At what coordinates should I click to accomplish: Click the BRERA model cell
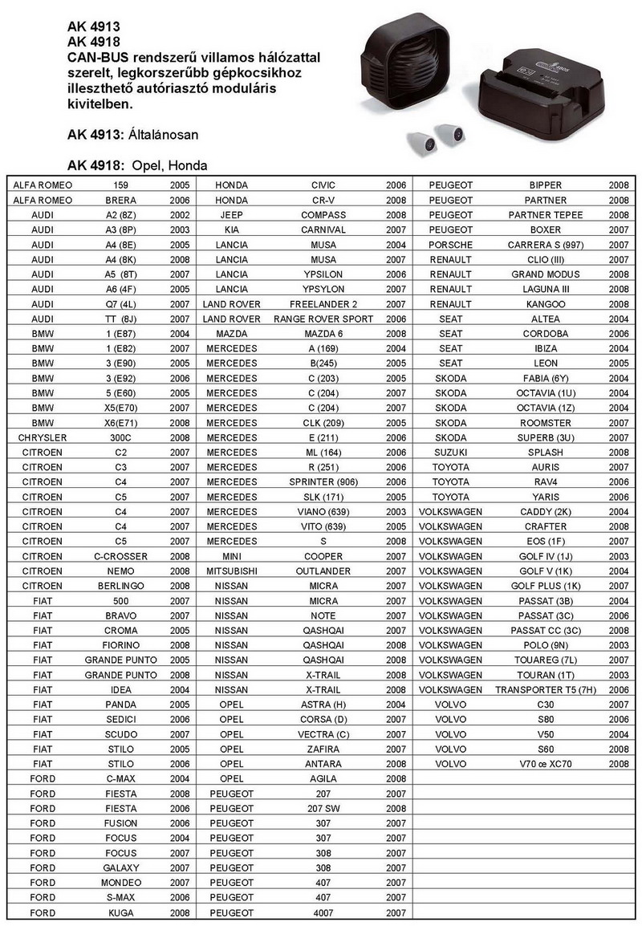tap(123, 200)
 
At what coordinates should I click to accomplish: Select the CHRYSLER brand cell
tap(43, 437)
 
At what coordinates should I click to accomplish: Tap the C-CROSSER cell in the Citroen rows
tap(123, 556)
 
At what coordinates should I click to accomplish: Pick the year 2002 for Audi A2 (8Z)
tap(180, 215)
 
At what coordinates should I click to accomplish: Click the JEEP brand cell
tap(232, 215)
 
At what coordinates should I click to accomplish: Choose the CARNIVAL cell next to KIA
tap(323, 229)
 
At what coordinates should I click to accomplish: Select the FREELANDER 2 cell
tap(323, 304)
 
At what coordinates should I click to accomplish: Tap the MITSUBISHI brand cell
tap(232, 571)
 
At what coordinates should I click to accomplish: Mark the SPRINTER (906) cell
tap(323, 482)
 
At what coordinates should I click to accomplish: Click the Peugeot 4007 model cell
tap(323, 912)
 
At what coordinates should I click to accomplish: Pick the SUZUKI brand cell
tap(450, 453)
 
